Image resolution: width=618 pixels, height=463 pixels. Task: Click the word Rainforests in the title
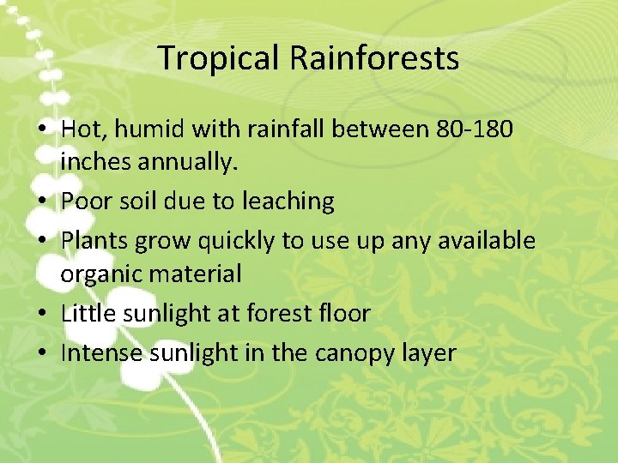pyautogui.click(x=374, y=58)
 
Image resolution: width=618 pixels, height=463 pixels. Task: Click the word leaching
pyautogui.click(x=288, y=201)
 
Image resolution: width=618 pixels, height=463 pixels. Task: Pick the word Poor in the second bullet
pyautogui.click(x=83, y=201)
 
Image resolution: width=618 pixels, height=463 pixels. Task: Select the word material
pyautogui.click(x=199, y=274)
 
